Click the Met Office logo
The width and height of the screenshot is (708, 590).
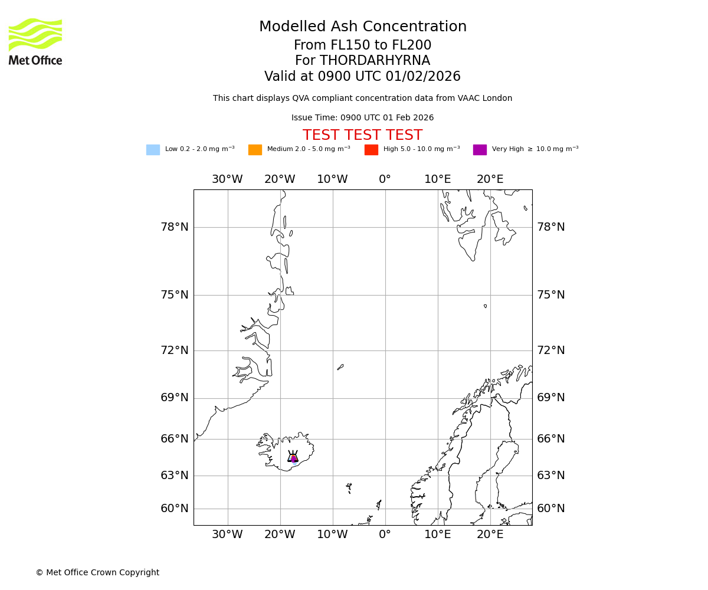coord(35,41)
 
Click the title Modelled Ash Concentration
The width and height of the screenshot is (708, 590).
coord(362,27)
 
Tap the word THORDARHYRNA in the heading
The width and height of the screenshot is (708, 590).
coord(375,61)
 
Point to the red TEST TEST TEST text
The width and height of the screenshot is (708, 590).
coord(362,135)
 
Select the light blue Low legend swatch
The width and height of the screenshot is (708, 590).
coord(153,150)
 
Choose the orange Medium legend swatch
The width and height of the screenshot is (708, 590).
coord(255,150)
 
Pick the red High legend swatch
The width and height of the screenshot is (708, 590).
coord(371,150)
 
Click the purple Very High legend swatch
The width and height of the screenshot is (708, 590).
coord(480,150)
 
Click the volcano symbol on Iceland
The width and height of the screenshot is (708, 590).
coord(293,457)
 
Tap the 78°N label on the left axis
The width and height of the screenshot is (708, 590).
coord(175,227)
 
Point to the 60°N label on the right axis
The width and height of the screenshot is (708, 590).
coord(550,509)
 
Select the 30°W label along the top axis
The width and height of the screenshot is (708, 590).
coord(227,179)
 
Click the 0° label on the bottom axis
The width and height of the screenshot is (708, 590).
coord(385,535)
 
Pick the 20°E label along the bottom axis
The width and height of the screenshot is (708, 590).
coord(490,535)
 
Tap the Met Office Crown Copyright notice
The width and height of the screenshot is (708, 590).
coord(97,572)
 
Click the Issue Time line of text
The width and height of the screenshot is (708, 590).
coord(362,118)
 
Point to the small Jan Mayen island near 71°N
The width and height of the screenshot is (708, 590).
coord(340,367)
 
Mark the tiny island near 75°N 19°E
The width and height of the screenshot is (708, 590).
coord(485,306)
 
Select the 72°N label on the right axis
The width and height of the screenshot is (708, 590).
coord(550,350)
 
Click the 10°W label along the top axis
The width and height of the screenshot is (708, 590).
coord(332,179)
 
